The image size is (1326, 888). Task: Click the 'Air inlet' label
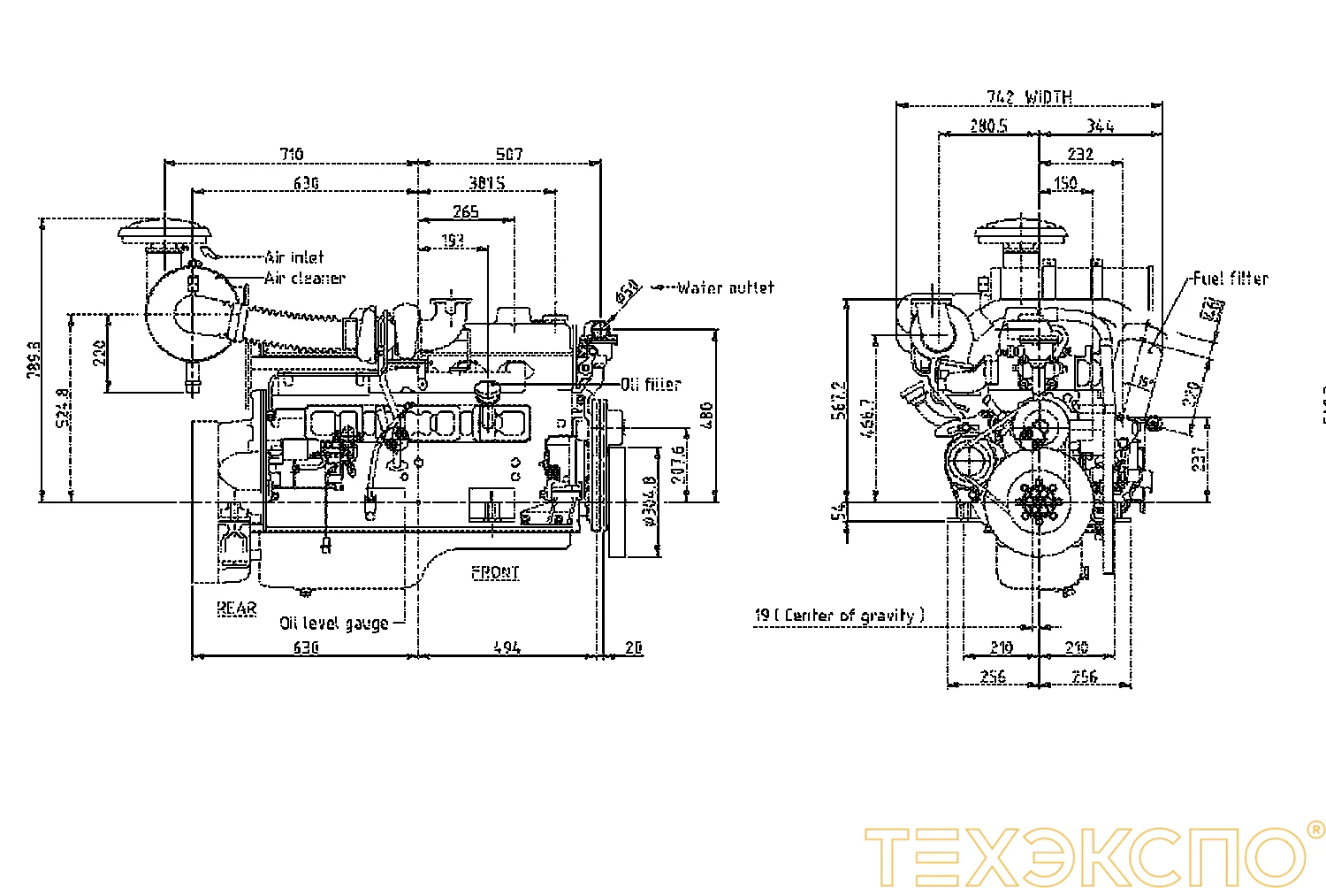click(294, 257)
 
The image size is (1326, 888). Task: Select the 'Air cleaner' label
click(305, 279)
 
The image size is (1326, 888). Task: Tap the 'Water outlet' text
click(726, 287)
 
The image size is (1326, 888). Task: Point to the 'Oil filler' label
click(651, 384)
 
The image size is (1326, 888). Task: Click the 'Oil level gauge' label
click(334, 623)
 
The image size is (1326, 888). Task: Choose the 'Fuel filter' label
click(1230, 279)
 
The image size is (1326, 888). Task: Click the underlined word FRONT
click(496, 572)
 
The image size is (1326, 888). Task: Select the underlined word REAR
click(237, 609)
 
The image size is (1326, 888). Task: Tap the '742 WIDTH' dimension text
click(1030, 96)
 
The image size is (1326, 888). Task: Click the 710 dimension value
click(292, 154)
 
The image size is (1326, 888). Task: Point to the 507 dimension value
click(509, 154)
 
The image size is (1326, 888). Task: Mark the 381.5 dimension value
click(487, 182)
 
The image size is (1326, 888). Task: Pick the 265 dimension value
click(466, 211)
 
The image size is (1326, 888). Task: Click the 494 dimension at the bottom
click(507, 647)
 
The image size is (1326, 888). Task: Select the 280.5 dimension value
click(988, 126)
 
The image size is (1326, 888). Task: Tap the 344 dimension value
click(1100, 126)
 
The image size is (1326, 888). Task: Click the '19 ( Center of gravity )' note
click(839, 615)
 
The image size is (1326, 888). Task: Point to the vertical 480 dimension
click(705, 415)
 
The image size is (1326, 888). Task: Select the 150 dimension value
click(1066, 182)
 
